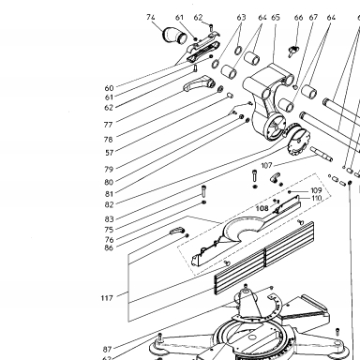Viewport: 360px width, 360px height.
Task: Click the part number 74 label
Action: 151,17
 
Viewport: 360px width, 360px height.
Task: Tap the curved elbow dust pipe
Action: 174,35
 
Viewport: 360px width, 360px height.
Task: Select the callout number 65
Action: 276,17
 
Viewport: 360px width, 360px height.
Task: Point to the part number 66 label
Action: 298,17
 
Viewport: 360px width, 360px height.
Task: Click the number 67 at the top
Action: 313,17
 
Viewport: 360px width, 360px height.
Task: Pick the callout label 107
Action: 266,165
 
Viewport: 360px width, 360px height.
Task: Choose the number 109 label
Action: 316,190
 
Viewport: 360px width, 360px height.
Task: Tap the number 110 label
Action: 317,198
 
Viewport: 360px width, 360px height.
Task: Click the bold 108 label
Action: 262,208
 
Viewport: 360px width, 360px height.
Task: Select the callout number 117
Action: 107,298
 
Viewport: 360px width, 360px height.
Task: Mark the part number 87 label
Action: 108,349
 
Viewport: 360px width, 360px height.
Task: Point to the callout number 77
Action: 108,125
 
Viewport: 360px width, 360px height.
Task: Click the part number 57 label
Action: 109,153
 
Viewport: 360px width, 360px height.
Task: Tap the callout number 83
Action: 109,219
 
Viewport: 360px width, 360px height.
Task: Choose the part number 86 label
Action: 109,247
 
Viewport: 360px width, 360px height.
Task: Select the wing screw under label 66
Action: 292,51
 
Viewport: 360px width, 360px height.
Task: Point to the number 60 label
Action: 109,88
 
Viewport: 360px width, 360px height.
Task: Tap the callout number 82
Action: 109,204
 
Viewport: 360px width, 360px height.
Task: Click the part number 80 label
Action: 109,182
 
